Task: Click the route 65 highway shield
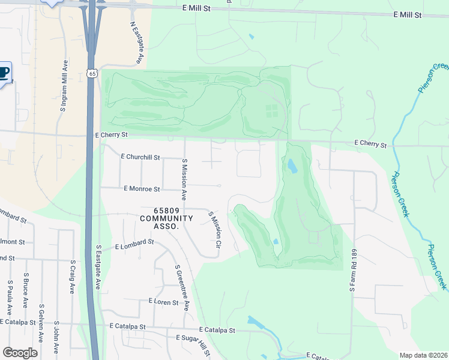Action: [91, 73]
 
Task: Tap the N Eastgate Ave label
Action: [136, 43]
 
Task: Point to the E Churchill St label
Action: [140, 157]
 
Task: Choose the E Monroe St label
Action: [142, 189]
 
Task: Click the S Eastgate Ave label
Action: [98, 266]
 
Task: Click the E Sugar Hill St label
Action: [193, 339]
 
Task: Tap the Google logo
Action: [20, 353]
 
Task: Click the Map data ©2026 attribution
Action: [423, 355]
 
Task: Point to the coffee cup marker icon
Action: [3, 74]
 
